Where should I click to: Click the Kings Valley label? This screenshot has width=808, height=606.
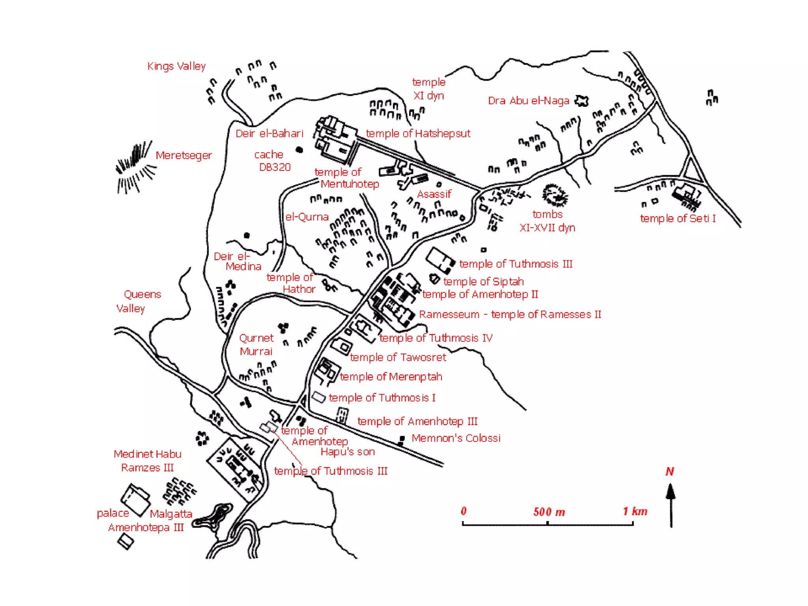click(x=176, y=66)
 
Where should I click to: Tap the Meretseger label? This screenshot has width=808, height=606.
click(x=183, y=155)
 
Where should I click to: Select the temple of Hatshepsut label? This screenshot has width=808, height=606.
click(x=418, y=133)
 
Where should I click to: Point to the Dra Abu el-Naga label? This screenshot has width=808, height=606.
click(x=528, y=101)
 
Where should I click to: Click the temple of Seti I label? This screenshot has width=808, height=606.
click(x=677, y=218)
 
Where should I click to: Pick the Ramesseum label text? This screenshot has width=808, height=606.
click(x=449, y=314)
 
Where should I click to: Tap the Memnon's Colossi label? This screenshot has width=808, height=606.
click(x=456, y=438)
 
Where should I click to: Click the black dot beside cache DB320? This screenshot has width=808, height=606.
click(x=299, y=150)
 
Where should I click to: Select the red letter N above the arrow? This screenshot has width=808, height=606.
click(x=670, y=471)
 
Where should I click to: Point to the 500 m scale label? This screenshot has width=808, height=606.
click(x=549, y=512)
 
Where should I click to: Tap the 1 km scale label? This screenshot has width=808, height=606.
click(x=635, y=511)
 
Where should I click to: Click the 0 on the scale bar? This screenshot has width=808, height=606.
click(x=464, y=511)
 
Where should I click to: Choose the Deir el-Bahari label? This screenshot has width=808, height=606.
click(x=269, y=133)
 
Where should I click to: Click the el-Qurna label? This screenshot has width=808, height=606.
click(x=307, y=217)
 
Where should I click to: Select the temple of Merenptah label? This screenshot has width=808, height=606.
click(x=391, y=376)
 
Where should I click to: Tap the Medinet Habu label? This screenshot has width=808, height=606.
click(x=147, y=454)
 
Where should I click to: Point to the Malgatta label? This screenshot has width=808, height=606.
click(x=171, y=514)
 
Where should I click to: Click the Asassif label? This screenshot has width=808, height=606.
click(x=434, y=194)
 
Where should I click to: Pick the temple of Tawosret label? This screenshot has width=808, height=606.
click(x=398, y=357)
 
